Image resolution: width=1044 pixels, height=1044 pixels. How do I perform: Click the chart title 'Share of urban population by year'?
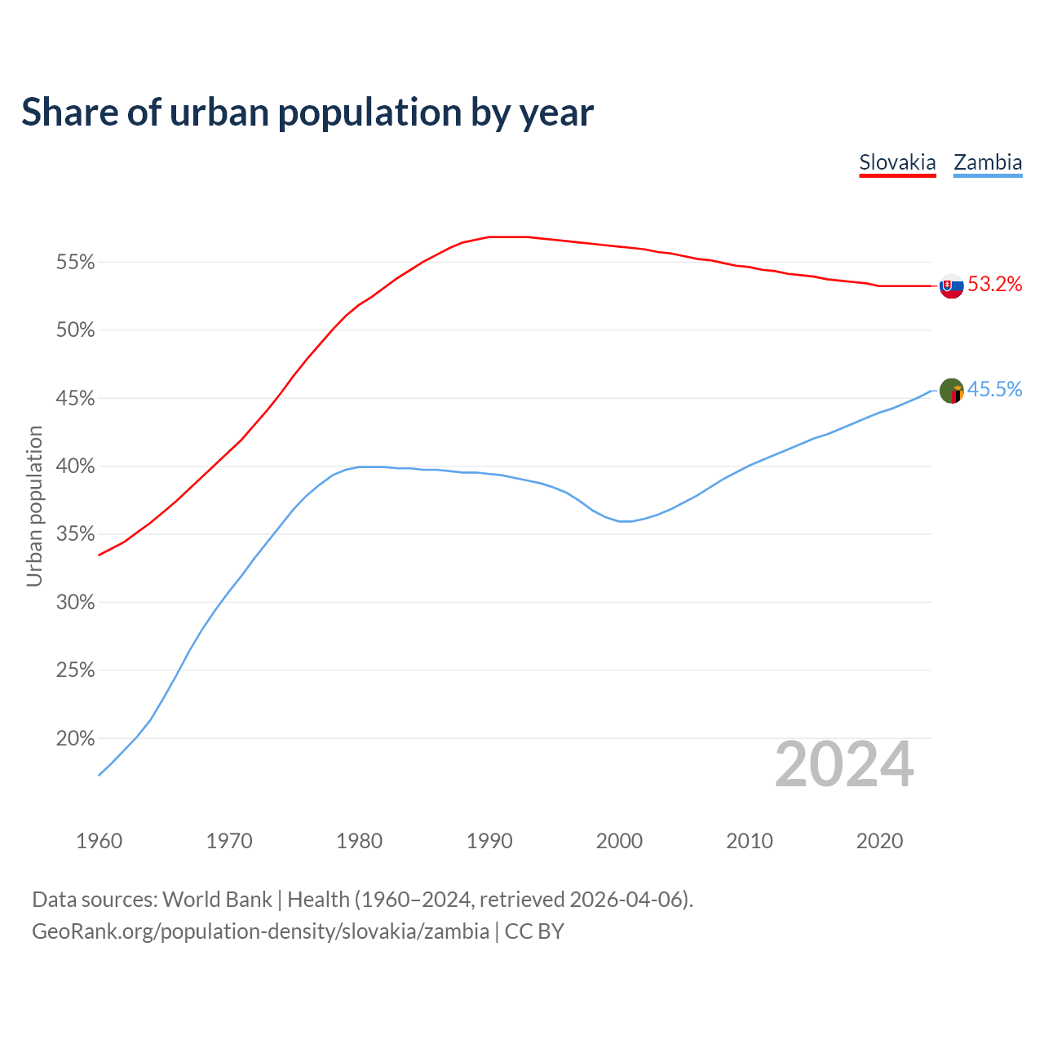307,112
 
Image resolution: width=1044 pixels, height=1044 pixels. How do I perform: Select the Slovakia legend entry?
897,162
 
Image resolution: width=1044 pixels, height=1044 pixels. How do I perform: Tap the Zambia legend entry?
988,162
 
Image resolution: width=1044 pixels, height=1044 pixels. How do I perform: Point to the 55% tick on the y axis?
75,263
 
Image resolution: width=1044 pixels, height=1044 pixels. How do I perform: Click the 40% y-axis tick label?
75,467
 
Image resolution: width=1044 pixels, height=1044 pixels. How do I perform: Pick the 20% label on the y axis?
75,739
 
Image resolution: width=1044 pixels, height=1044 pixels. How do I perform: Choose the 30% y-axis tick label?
75,603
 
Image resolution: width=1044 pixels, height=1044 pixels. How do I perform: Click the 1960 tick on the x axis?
99,841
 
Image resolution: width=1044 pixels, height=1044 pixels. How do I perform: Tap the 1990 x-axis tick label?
489,841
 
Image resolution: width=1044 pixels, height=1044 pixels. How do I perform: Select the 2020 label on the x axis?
879,841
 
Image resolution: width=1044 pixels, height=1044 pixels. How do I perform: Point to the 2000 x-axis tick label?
619,841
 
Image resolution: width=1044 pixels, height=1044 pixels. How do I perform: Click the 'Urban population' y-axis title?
34,506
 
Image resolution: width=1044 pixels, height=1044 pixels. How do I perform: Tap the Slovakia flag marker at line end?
952,286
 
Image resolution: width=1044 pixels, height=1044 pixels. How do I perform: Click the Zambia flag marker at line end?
952,391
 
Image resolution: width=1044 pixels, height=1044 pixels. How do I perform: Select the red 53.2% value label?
995,285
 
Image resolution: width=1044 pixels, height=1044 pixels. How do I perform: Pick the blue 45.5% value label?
995,390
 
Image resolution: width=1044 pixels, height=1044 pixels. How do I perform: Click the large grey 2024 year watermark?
844,765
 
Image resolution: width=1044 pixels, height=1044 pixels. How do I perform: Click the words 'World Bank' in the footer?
217,900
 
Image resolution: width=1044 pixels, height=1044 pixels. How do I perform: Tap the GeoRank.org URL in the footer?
260,931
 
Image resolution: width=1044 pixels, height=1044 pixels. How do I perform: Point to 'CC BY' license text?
534,931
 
